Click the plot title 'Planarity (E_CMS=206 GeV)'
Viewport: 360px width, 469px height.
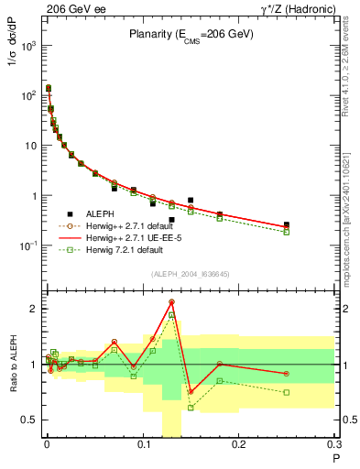pos(191,34)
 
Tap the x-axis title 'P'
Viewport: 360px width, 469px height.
pos(336,458)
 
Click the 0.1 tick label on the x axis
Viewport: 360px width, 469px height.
pos(142,446)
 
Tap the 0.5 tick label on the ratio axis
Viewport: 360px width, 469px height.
pos(29,420)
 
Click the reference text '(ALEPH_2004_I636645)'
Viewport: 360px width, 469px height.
pos(191,274)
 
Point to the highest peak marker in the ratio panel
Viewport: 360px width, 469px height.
pos(171,301)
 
